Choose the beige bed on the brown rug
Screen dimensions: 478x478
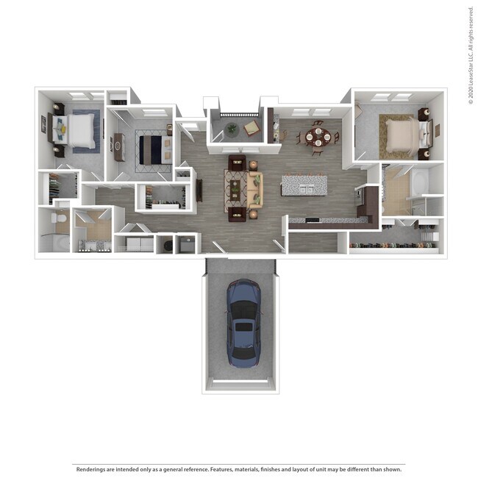[x=400, y=135]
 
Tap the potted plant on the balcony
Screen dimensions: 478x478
[x=232, y=129]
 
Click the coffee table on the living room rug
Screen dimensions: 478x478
[x=238, y=189]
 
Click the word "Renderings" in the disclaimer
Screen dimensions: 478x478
[x=89, y=468]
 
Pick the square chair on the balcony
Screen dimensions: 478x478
[x=252, y=128]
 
